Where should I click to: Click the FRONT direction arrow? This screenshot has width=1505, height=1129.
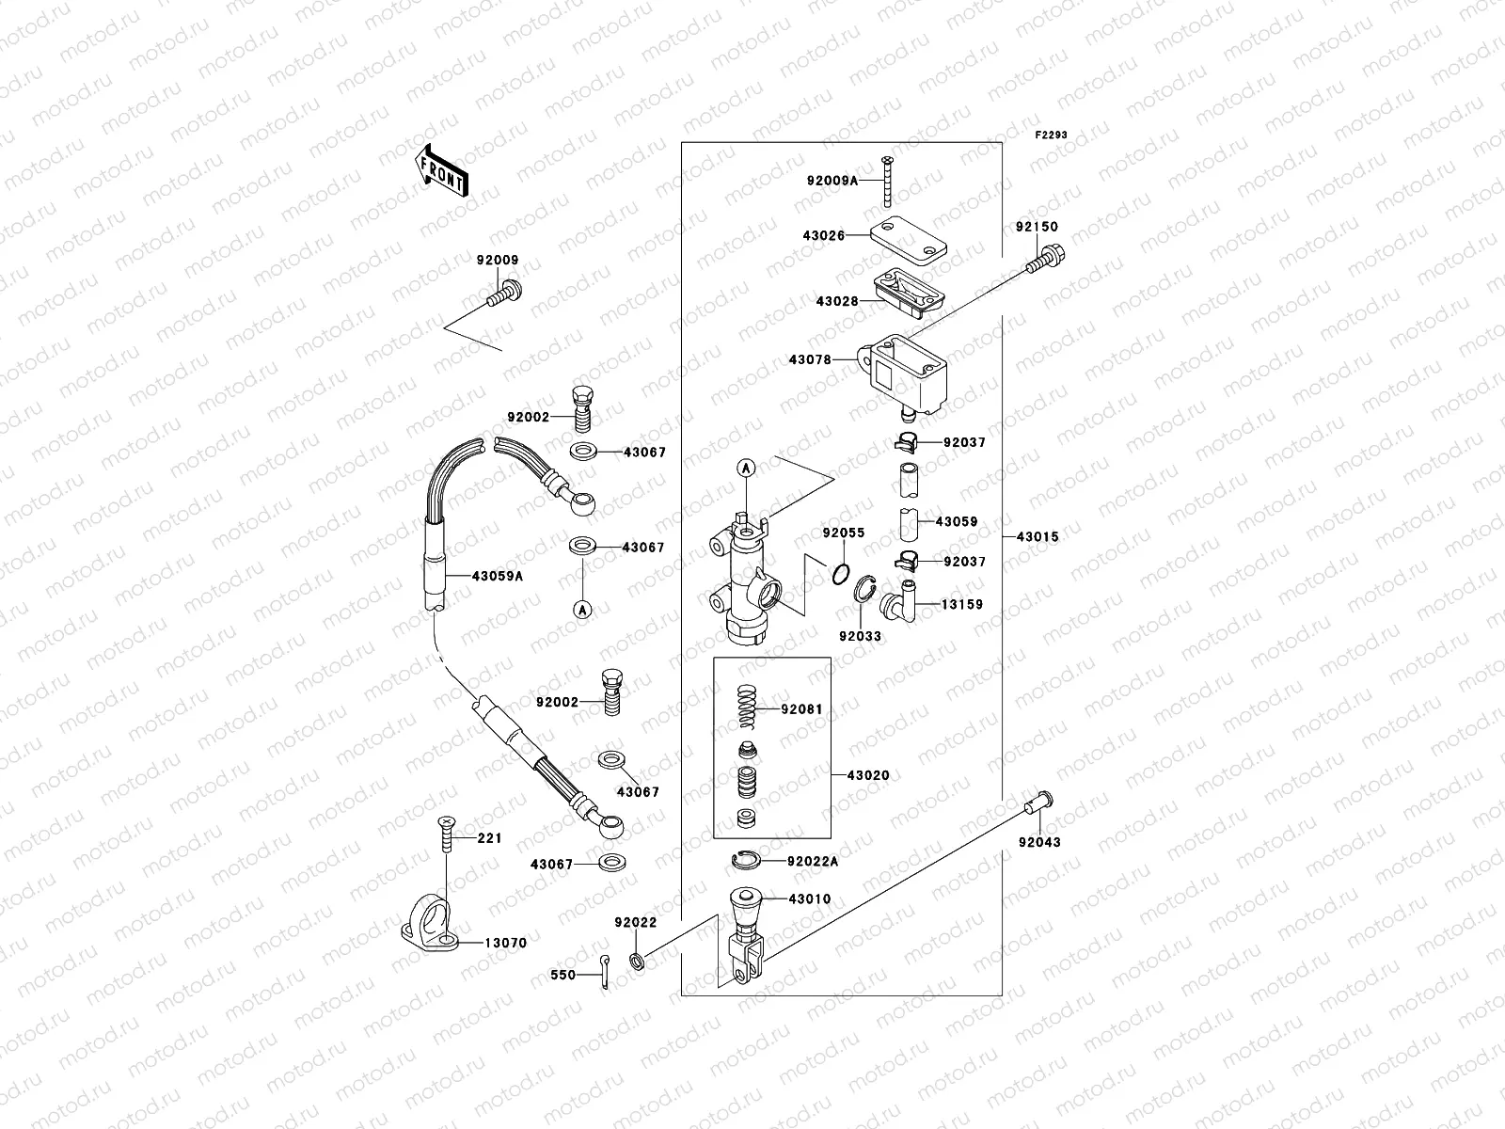click(443, 170)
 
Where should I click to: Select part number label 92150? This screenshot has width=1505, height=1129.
click(1036, 227)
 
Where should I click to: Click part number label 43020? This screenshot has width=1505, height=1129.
click(867, 775)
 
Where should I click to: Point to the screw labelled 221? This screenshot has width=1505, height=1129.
click(446, 835)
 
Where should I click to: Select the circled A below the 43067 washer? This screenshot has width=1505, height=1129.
click(582, 609)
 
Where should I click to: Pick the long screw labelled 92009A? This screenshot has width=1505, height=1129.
click(886, 183)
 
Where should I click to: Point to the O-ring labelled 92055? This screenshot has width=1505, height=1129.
click(842, 572)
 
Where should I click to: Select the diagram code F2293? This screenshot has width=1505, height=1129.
click(1052, 135)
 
